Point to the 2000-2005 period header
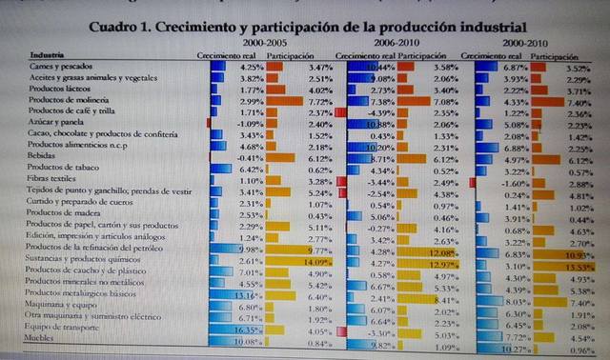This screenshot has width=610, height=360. click(267, 43)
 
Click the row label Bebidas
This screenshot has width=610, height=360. click(46, 156)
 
